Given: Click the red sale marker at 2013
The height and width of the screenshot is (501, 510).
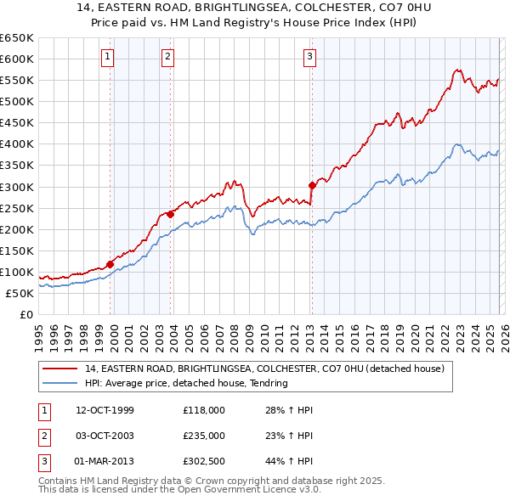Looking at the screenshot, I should pyautogui.click(x=312, y=185).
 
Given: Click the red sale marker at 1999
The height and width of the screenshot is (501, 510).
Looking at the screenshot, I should pyautogui.click(x=110, y=264).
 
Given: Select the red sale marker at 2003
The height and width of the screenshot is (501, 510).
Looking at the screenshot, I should pyautogui.click(x=170, y=214).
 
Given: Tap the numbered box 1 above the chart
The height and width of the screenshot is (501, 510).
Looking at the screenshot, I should pyautogui.click(x=109, y=57).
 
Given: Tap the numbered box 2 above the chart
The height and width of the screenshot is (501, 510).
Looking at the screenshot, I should pyautogui.click(x=168, y=57).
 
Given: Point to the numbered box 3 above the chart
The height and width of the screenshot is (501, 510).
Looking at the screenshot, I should pyautogui.click(x=310, y=57).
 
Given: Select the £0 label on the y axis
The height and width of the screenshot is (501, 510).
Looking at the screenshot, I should pyautogui.click(x=25, y=314).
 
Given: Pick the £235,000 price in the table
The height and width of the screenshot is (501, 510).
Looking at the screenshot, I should pyautogui.click(x=203, y=436).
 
